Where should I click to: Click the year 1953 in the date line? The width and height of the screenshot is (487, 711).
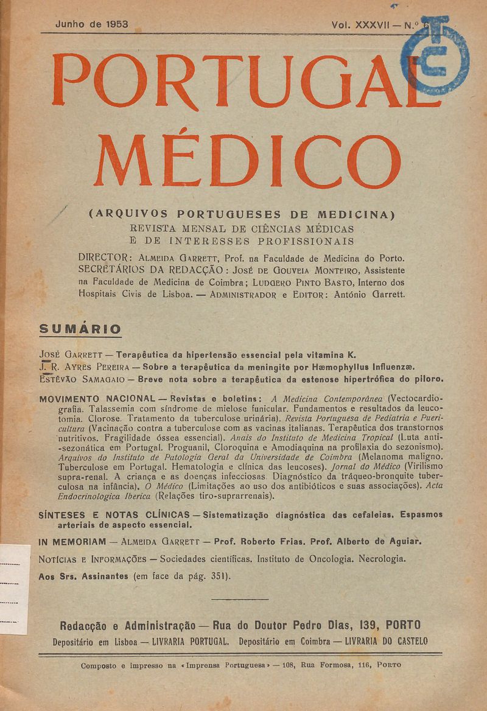click(x=116, y=26)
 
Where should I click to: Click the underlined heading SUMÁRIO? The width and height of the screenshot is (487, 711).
click(x=80, y=329)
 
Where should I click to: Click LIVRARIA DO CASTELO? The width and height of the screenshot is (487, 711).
click(x=386, y=641)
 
